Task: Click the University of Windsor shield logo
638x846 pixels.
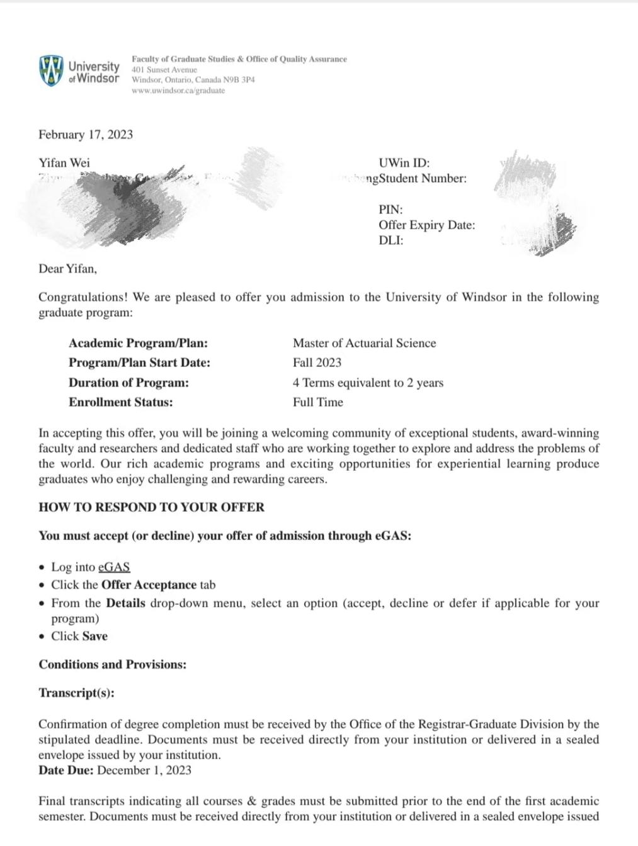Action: tap(50, 70)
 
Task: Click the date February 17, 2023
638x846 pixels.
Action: tap(86, 135)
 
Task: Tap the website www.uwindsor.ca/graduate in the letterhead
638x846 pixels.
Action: tap(178, 91)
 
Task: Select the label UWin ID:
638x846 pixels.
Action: tap(404, 163)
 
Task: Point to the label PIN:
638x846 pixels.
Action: tap(390, 210)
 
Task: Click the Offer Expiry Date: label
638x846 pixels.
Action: tap(426, 225)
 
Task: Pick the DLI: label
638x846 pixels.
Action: tap(390, 240)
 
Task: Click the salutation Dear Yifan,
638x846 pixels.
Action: tap(68, 269)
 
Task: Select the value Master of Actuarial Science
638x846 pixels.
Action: tap(364, 343)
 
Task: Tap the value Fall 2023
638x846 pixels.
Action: tap(317, 363)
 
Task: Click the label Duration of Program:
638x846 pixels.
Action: tap(128, 383)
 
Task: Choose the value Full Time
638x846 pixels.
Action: tap(317, 402)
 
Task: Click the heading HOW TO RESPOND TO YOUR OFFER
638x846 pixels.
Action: tap(151, 507)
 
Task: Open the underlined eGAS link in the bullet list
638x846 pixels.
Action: tap(114, 567)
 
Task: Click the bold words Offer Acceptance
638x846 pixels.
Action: tap(149, 585)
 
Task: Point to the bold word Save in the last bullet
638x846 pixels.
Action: tap(94, 636)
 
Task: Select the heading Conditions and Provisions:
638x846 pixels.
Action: tap(113, 665)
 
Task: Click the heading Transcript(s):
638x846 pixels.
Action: tap(76, 693)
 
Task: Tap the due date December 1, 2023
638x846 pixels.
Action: tap(144, 770)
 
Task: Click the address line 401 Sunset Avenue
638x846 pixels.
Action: tap(164, 70)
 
